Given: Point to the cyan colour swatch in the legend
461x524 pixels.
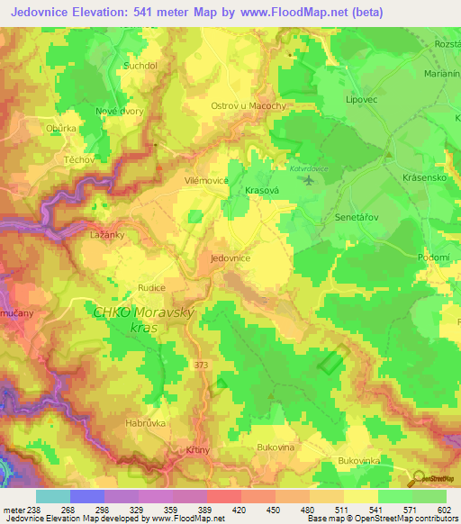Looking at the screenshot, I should tap(52, 496).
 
